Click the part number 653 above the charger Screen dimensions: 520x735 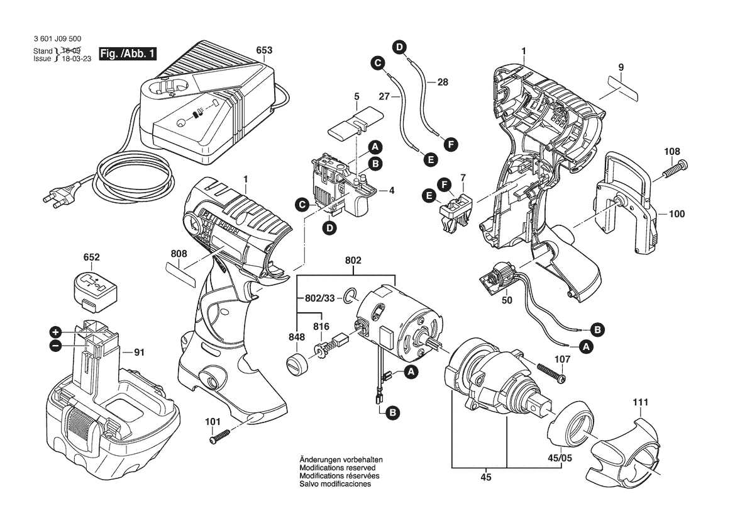(x=264, y=50)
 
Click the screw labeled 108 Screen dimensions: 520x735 (x=674, y=168)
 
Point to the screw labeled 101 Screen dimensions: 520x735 (x=221, y=435)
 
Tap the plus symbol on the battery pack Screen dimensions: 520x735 (x=55, y=332)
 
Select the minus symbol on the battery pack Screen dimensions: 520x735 (x=55, y=345)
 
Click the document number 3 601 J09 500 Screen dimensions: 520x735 (x=57, y=39)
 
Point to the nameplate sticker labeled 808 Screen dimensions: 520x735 (x=179, y=272)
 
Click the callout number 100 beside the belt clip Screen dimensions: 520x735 (x=676, y=214)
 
